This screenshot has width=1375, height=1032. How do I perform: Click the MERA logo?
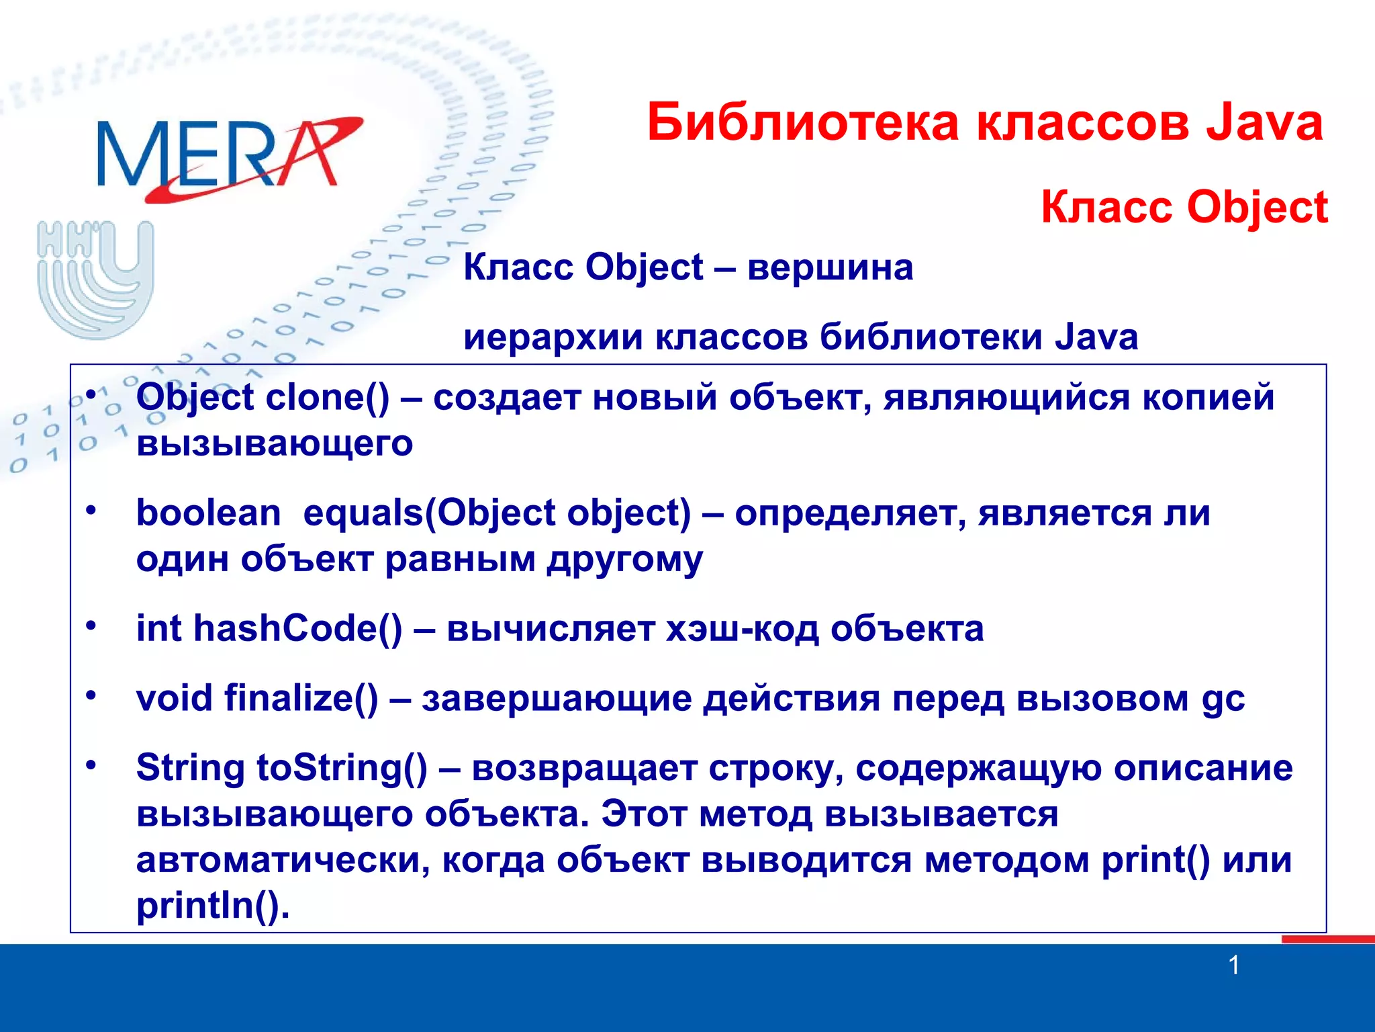(228, 158)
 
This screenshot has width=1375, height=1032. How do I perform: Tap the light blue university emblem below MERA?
(95, 279)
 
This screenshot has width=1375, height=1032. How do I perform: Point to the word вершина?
(830, 267)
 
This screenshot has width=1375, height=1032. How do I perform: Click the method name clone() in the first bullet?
(327, 397)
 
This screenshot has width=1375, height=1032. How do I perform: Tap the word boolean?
(208, 513)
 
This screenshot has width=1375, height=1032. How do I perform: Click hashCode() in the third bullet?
(297, 629)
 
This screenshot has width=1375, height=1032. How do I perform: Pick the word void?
(174, 698)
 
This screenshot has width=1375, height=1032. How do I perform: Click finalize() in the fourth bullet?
(301, 698)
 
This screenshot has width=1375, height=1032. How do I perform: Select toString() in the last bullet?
(342, 768)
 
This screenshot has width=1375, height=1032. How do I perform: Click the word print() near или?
(1155, 860)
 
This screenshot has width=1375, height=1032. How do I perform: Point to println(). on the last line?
(213, 906)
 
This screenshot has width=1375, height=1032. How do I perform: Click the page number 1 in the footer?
(1233, 965)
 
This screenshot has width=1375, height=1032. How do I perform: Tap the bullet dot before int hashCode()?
(91, 626)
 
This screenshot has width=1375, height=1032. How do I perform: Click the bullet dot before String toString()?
(91, 765)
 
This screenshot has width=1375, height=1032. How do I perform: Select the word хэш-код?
(742, 629)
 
